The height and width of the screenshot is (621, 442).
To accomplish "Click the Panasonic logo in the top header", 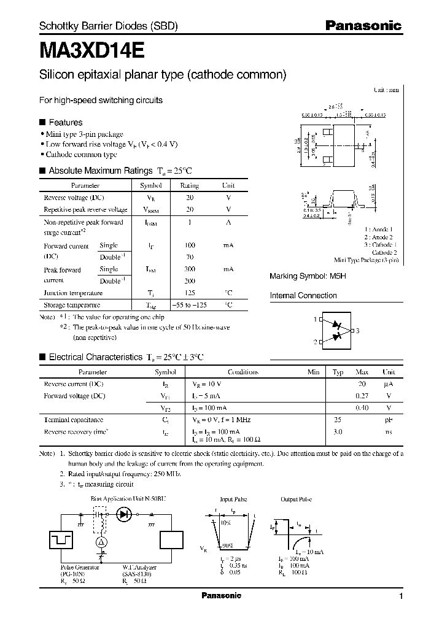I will (x=363, y=26).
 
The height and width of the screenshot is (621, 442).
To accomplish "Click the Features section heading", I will (x=65, y=122).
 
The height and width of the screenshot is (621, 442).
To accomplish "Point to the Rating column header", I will (x=190, y=185).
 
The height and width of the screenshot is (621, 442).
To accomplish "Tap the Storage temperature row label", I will (x=71, y=305).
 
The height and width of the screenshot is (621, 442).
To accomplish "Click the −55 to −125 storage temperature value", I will (x=193, y=305).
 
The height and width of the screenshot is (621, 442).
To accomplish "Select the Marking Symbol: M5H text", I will (x=308, y=276).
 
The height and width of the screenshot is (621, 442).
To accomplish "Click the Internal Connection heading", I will (x=303, y=296).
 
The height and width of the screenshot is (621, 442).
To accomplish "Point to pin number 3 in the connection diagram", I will (x=357, y=331).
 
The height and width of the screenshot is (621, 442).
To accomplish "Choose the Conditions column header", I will (x=243, y=372).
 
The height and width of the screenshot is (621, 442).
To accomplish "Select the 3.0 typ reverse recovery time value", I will (x=338, y=432).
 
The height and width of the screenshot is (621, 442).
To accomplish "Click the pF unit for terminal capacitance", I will (x=389, y=420).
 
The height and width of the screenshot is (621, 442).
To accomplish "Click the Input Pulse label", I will (x=233, y=500).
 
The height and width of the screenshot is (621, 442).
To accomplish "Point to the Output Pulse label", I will (x=297, y=500).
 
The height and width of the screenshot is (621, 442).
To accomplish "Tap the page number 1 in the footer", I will (x=401, y=596).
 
